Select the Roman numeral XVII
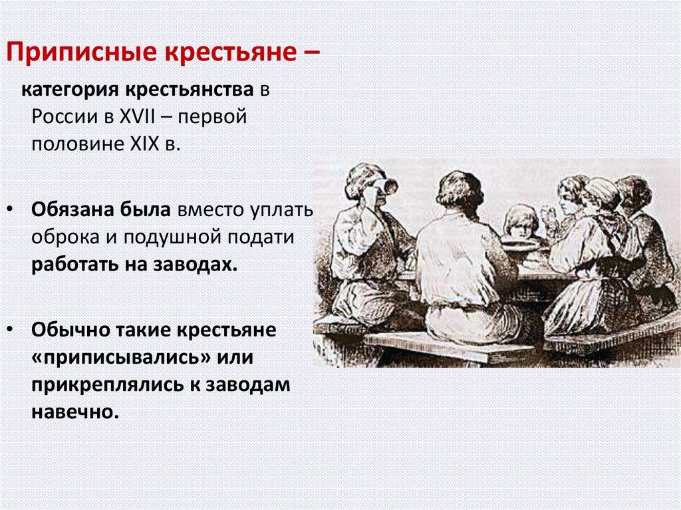click(137, 117)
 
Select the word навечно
click(75, 412)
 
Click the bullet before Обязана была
click(9, 210)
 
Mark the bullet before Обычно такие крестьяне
click(9, 330)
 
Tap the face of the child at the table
click(519, 225)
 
